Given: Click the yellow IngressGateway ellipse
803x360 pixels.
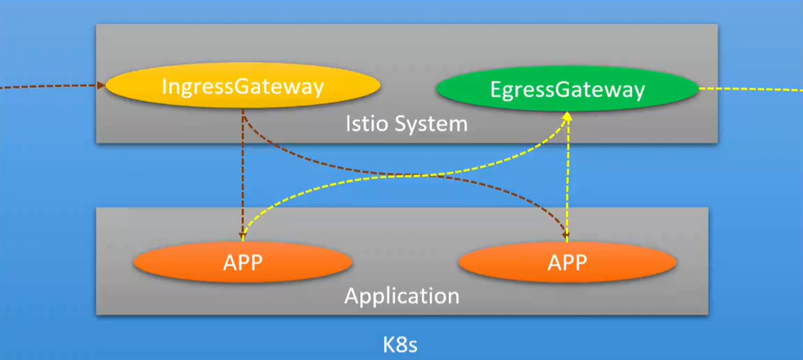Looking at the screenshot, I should (244, 86).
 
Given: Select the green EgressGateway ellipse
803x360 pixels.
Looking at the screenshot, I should (568, 89).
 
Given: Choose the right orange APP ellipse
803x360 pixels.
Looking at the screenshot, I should (568, 262).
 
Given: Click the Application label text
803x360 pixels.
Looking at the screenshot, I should (401, 295).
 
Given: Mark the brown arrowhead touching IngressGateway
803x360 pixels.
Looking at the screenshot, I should (101, 84).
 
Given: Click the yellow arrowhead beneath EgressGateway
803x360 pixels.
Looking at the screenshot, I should (568, 119).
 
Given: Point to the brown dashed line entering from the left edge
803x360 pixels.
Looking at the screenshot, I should (49, 85).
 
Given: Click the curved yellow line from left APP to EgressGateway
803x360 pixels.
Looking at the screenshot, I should (391, 176).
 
